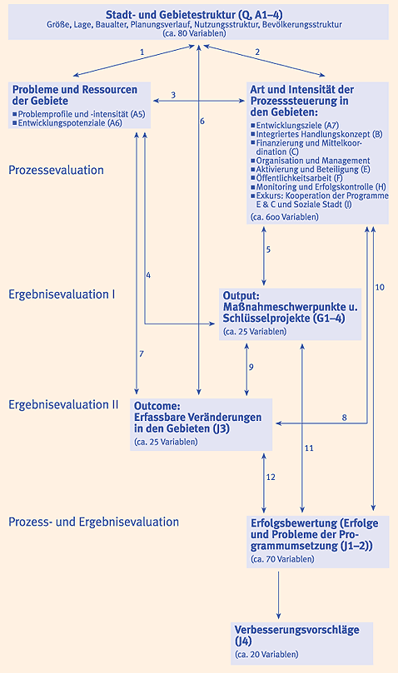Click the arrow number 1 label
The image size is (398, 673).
coord(142,52)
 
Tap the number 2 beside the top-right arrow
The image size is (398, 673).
coord(257,52)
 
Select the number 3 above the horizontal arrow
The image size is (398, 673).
coord(173,95)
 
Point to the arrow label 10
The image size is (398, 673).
coord(380,287)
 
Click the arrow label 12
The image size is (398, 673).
coord(271,477)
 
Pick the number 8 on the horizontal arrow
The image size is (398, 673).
coord(344,417)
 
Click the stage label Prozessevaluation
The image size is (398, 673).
coord(57,170)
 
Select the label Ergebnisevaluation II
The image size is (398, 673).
coord(63,405)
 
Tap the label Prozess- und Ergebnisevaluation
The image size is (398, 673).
coord(94,522)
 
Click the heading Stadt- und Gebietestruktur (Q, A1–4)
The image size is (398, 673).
coord(194,15)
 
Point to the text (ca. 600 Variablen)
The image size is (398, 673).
coord(285,217)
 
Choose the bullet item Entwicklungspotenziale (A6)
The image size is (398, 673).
coord(70,123)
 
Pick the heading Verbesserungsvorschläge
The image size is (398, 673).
coord(297,630)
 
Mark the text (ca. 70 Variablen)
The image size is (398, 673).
coord(282,559)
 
